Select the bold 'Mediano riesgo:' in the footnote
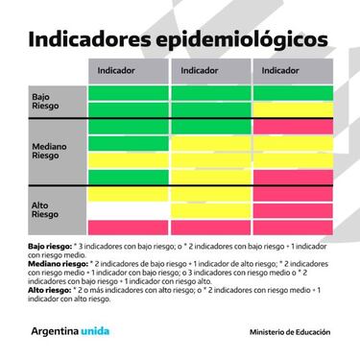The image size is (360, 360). (x=55, y=262)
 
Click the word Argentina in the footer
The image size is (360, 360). (x=60, y=331)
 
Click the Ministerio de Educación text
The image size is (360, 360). (x=289, y=332)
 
